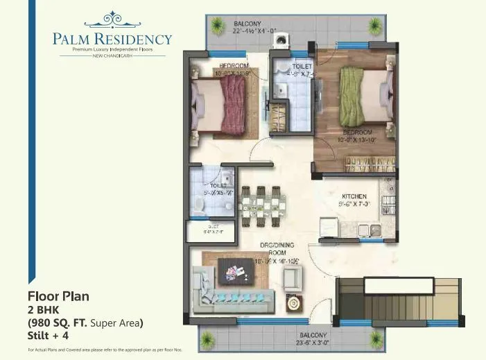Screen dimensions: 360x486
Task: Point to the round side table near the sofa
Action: (295, 303)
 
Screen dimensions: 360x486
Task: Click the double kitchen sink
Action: (369, 230)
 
